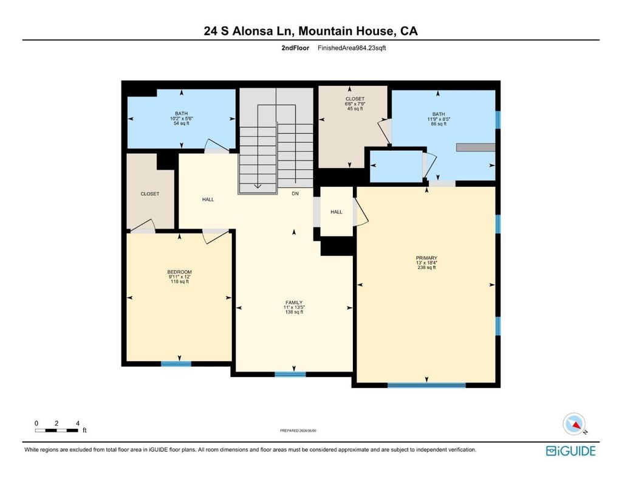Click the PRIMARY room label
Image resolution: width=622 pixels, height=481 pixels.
[426, 258]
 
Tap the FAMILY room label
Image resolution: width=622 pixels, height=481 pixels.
[294, 303]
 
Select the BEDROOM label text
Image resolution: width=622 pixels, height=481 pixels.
[179, 272]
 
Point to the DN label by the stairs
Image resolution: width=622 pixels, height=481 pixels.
[295, 193]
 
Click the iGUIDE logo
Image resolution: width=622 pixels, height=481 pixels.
[571, 451]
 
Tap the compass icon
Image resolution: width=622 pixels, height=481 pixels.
[574, 424]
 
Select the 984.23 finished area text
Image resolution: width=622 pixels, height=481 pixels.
[352, 48]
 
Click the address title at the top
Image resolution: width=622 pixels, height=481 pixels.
[310, 31]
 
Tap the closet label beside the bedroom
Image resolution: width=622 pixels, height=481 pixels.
[150, 194]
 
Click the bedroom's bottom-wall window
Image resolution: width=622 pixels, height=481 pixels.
[176, 364]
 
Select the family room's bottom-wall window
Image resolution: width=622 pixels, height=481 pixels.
[290, 374]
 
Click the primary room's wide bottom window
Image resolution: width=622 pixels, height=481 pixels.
[426, 385]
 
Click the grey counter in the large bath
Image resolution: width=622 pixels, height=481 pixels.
[476, 147]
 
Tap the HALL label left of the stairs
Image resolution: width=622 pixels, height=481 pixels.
[208, 200]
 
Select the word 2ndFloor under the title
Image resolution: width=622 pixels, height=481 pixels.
[295, 48]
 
